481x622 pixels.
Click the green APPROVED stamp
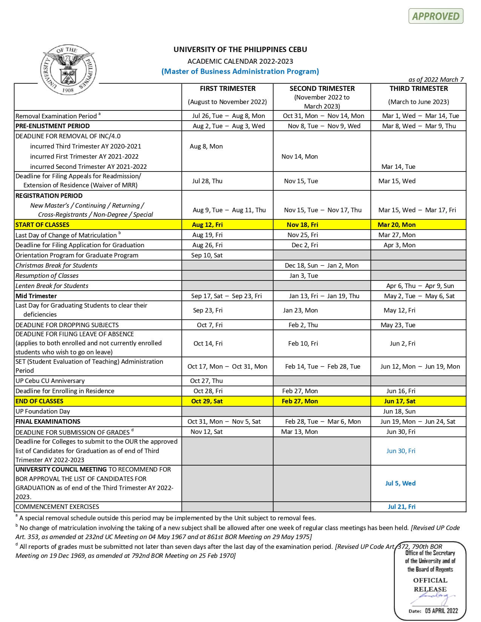pyautogui.click(x=436, y=16)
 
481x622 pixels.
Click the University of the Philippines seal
pyautogui.click(x=69, y=70)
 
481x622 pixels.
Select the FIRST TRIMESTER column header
pyautogui.click(x=227, y=89)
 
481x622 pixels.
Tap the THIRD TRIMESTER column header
pyautogui.click(x=418, y=89)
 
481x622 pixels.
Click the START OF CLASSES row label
pyautogui.click(x=42, y=225)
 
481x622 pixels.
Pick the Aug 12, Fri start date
pyautogui.click(x=207, y=225)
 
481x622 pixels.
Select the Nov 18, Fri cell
pyautogui.click(x=302, y=225)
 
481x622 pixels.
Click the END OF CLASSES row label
pyautogui.click(x=39, y=401)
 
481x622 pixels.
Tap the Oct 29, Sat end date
pyautogui.click(x=207, y=401)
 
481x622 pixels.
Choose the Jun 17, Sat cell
pyautogui.click(x=400, y=401)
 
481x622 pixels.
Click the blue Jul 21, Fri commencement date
pyautogui.click(x=401, y=507)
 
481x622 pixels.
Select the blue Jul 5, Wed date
pyautogui.click(x=400, y=483)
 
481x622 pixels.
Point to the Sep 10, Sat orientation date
pyautogui.click(x=207, y=255)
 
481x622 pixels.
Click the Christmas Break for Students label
pyautogui.click(x=56, y=265)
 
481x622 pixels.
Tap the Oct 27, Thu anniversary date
pyautogui.click(x=206, y=381)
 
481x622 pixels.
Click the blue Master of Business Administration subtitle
pyautogui.click(x=240, y=71)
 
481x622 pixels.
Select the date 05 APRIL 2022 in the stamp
pyautogui.click(x=441, y=611)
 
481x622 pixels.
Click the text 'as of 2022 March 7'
pyautogui.click(x=436, y=80)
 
